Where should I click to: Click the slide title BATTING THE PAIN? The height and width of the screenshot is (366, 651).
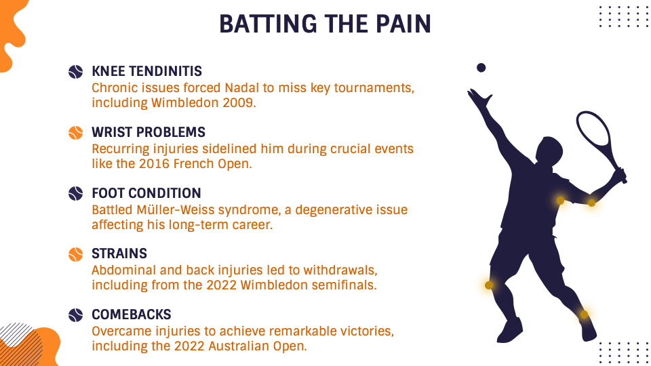pos(325,24)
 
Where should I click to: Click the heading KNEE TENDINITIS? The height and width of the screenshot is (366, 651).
pos(147,71)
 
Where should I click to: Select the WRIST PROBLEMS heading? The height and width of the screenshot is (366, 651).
pos(149,132)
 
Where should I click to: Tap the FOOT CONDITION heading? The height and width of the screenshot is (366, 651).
pos(146,193)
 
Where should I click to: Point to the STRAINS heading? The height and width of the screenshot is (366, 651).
pos(119,253)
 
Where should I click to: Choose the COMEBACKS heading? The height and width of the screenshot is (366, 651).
pos(131,314)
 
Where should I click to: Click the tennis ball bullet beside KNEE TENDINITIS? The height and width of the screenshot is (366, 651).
pos(75,72)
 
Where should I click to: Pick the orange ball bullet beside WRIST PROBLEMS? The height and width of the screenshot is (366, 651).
pos(75,133)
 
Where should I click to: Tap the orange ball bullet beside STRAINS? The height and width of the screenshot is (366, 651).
pos(75,254)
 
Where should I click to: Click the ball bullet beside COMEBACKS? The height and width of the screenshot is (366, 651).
pos(75,315)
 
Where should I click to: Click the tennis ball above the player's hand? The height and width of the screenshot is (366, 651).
pos(481,68)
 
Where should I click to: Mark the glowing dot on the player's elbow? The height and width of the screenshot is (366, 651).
pos(591,203)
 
